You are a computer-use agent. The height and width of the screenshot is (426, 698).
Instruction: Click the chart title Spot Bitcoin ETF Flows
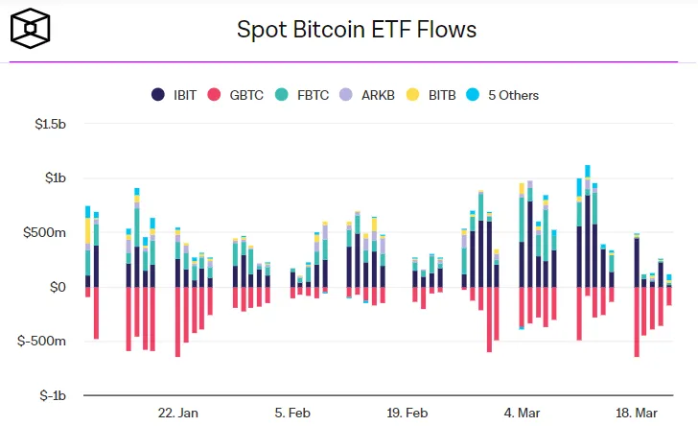click(357, 30)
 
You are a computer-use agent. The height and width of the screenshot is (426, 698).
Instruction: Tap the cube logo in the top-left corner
click(31, 30)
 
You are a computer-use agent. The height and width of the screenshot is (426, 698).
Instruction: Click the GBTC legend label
click(244, 95)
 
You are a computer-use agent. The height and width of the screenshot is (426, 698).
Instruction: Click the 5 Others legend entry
click(502, 95)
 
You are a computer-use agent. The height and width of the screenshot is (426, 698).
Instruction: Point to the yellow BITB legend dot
click(413, 95)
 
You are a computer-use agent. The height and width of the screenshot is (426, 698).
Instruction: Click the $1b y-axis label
click(53, 178)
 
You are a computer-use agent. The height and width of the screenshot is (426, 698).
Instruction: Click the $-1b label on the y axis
click(50, 395)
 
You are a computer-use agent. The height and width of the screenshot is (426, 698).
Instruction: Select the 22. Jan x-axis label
click(177, 413)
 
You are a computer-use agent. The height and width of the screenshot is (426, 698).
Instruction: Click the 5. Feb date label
click(292, 413)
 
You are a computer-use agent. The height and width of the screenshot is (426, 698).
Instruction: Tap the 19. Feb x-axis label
click(407, 413)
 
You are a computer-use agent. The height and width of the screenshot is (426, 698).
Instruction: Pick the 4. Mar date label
click(522, 413)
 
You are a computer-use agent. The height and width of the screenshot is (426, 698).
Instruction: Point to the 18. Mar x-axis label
click(637, 413)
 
